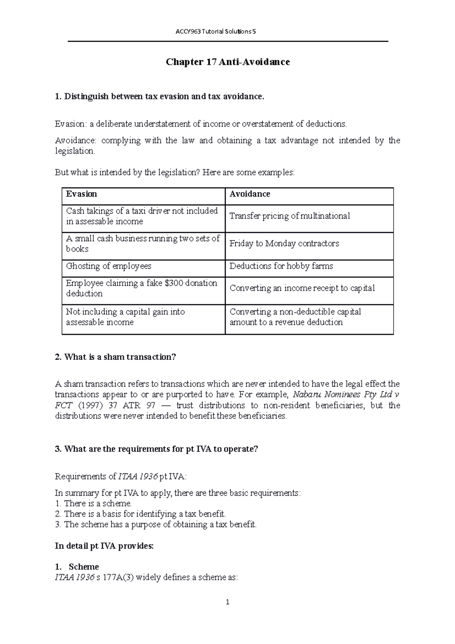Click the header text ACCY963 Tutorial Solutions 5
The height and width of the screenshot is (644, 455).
216,31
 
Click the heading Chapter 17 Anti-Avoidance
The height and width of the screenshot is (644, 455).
227,62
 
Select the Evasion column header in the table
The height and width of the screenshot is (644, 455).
82,194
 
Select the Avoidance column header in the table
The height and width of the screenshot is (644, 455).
249,194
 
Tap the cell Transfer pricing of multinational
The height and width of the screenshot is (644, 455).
290,216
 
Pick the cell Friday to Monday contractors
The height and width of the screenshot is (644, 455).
284,243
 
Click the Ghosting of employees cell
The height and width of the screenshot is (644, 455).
108,266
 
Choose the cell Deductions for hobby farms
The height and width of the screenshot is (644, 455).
281,266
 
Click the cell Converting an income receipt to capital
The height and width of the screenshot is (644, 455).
302,288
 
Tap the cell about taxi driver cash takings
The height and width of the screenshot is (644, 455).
142,216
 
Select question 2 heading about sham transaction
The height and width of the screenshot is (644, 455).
116,357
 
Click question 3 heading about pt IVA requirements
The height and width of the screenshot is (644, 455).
156,449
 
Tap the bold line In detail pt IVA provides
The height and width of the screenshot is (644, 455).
104,546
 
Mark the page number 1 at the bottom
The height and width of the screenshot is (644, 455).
227,602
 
